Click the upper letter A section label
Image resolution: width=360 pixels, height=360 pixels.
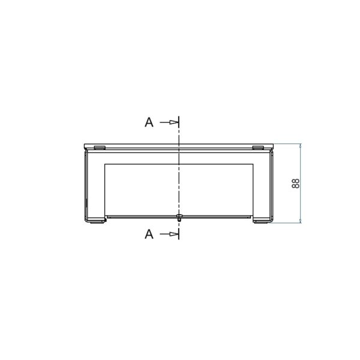(149, 122)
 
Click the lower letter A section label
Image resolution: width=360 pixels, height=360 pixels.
(149, 234)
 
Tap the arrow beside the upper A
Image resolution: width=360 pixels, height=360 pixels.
(169, 122)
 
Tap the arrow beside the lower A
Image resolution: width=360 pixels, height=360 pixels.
(169, 234)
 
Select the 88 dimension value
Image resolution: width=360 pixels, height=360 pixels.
(296, 184)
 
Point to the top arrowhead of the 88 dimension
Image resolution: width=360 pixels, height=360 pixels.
(301, 146)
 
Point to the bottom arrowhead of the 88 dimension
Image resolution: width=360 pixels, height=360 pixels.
(301, 220)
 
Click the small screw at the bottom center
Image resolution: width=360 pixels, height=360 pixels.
(179, 217)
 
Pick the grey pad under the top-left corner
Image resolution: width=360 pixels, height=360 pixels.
(100, 148)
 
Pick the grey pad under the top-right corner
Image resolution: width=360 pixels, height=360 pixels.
(258, 148)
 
